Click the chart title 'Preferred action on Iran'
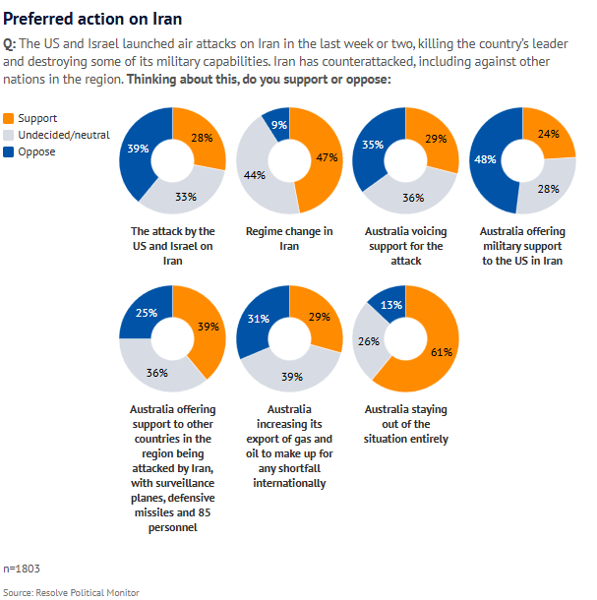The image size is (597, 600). (92, 18)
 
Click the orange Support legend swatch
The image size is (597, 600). (10, 117)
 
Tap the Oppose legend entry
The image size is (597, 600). (36, 151)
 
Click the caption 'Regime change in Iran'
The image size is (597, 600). (288, 238)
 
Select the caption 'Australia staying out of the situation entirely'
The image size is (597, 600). (405, 423)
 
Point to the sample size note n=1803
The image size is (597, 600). (22, 569)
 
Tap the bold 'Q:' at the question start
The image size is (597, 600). (10, 44)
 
